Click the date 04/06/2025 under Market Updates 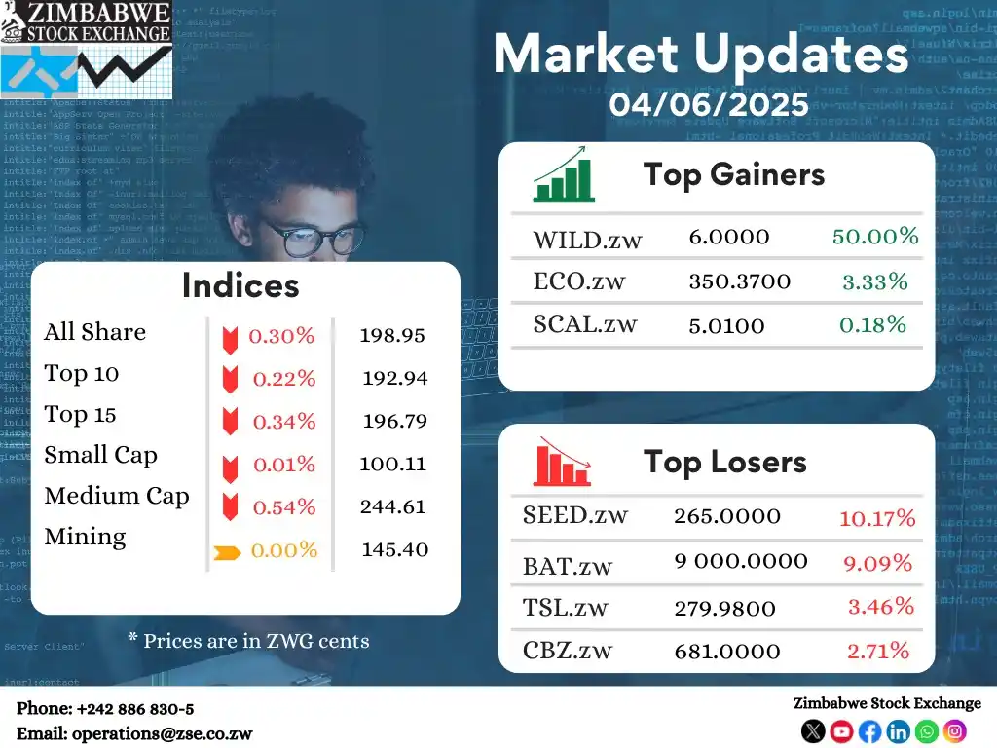pos(709,103)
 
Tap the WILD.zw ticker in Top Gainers pos(587,238)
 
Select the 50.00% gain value pos(875,236)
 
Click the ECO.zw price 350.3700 pos(739,282)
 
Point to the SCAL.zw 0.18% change pos(874,324)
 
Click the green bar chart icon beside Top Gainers pos(563,175)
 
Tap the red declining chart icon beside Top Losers pos(562,462)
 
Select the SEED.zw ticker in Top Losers pos(574,515)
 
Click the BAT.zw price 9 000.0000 pos(740,561)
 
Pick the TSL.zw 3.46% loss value pos(880,607)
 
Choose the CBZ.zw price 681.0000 pos(726,651)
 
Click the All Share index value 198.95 pos(392,336)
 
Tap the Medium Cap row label pos(117,496)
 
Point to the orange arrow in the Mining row pos(227,553)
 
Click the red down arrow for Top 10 pos(230,380)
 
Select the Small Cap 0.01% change pos(283,465)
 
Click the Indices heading pos(240,285)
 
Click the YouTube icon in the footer pos(841,730)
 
